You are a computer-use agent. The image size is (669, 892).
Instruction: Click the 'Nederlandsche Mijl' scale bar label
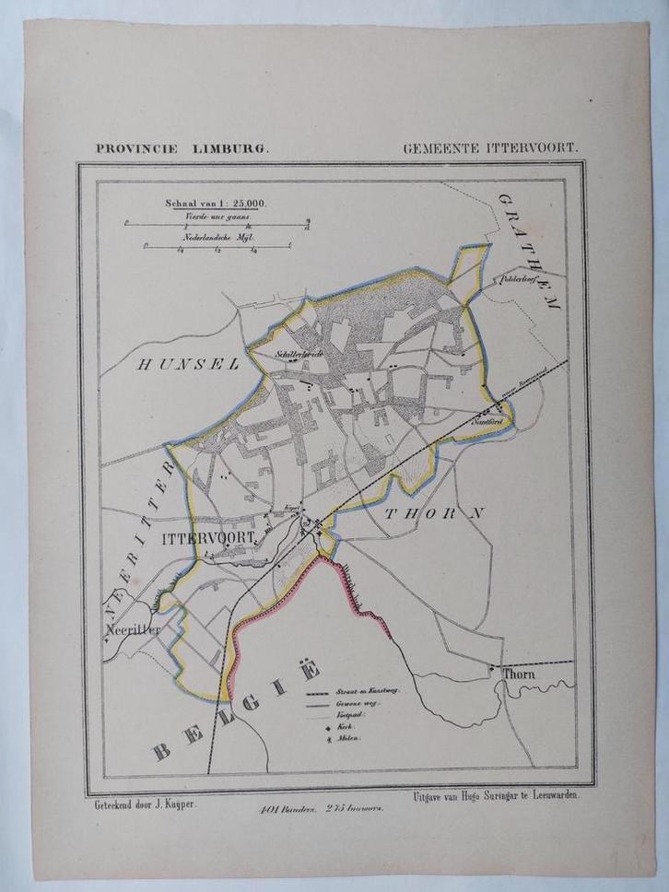218,237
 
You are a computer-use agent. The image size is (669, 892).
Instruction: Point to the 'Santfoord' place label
486,420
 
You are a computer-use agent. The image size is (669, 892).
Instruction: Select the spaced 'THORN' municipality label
433,515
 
